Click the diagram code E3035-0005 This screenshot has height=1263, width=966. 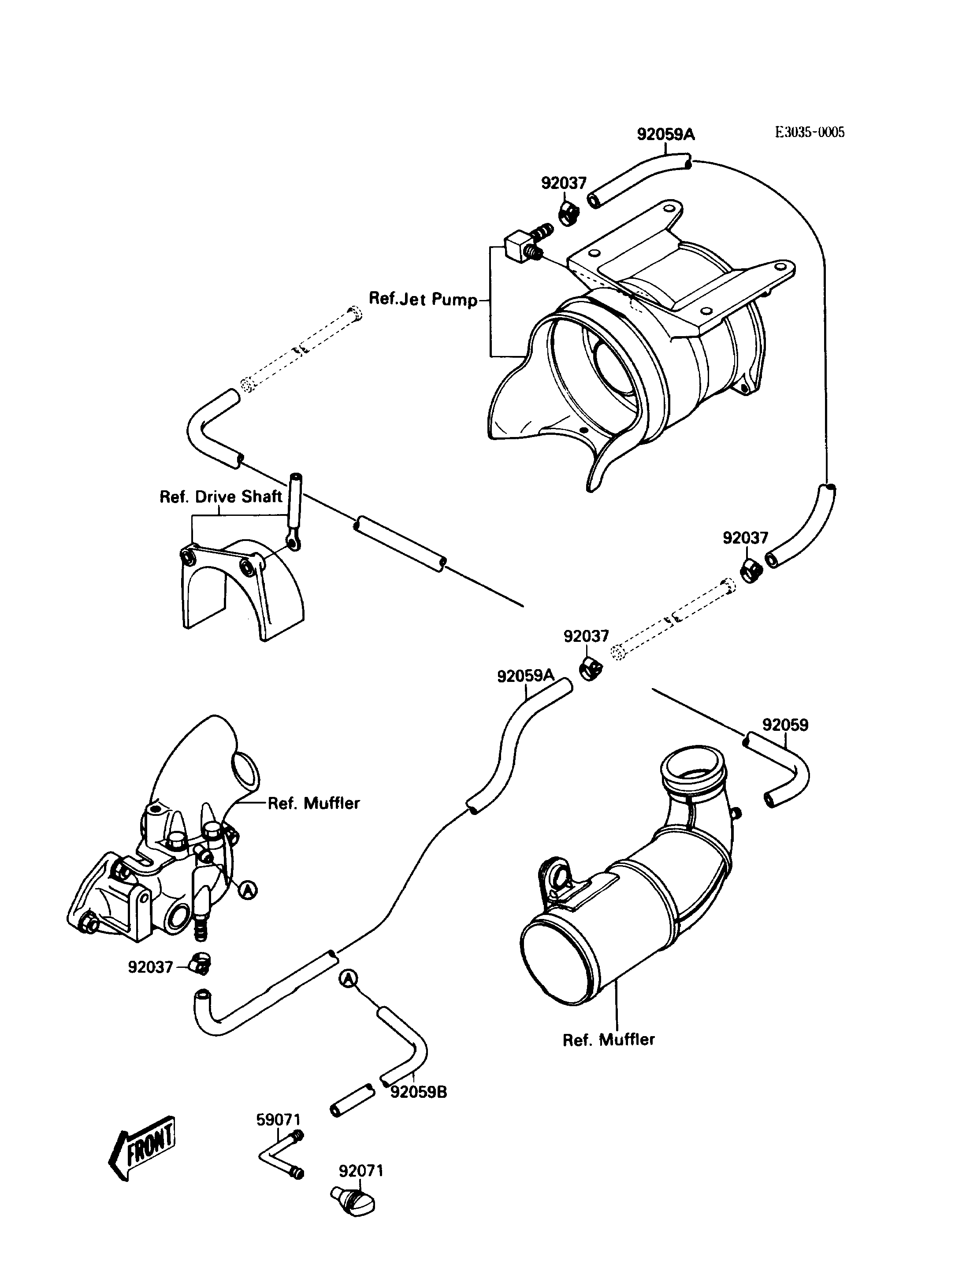[810, 132]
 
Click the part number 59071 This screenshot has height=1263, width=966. [279, 1120]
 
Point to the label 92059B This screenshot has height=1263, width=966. [419, 1092]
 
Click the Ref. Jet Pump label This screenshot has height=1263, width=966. [423, 299]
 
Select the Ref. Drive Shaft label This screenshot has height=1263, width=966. [221, 496]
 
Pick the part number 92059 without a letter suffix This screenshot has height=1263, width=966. [785, 725]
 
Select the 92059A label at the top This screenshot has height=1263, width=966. [666, 134]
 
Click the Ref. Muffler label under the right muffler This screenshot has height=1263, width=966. [609, 1039]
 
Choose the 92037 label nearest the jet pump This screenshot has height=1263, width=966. [564, 183]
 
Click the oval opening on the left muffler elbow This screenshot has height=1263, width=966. [245, 772]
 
